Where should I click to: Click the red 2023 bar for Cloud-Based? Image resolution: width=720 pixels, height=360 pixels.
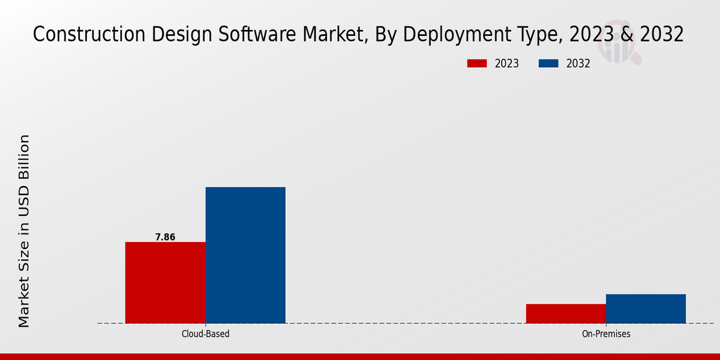(x=165, y=282)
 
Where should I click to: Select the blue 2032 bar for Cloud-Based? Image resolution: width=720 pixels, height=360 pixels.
(x=245, y=255)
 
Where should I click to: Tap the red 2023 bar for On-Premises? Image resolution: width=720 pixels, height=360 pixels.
(x=566, y=313)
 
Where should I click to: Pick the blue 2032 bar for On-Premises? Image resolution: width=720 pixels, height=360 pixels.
(x=646, y=308)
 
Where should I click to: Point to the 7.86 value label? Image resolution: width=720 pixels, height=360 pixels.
(x=165, y=237)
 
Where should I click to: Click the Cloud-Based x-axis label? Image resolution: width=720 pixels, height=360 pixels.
(x=205, y=334)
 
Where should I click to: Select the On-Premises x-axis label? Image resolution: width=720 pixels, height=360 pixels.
(x=606, y=334)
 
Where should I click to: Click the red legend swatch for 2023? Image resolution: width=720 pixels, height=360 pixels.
(x=477, y=64)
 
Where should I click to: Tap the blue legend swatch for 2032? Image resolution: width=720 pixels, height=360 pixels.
(x=549, y=64)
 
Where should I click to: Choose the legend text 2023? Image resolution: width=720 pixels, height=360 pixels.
(x=506, y=64)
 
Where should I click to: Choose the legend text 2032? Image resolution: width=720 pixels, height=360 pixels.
(x=578, y=64)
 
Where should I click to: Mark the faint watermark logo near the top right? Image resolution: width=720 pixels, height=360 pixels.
(x=621, y=47)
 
